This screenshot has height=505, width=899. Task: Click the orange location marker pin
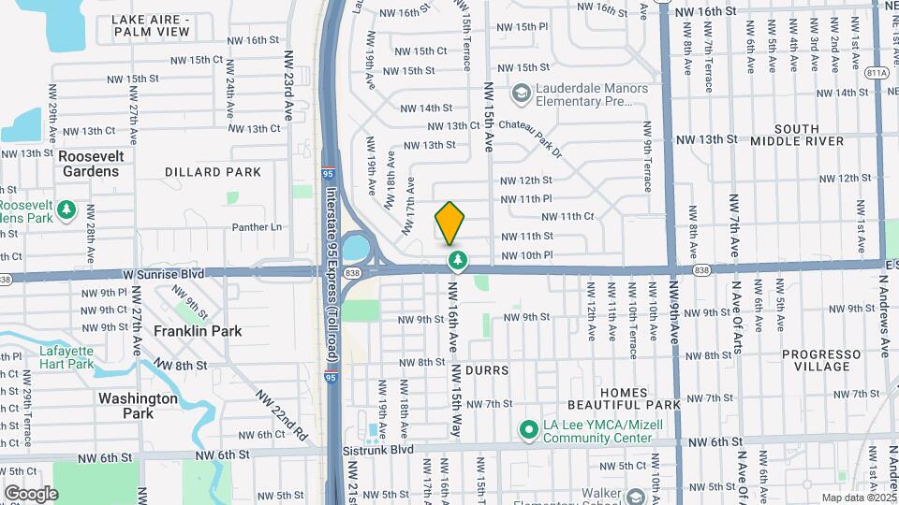449,223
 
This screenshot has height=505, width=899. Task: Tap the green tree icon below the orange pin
457,260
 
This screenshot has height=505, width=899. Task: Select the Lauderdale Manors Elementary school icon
521,94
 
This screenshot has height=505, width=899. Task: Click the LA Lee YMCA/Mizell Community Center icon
528,430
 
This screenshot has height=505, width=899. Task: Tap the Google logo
31,493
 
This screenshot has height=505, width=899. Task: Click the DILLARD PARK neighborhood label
213,172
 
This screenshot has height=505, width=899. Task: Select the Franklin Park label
198,331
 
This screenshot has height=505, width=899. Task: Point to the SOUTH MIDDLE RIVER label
797,135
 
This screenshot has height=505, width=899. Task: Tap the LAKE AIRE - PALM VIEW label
151,25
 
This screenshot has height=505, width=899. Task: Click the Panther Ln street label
257,227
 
